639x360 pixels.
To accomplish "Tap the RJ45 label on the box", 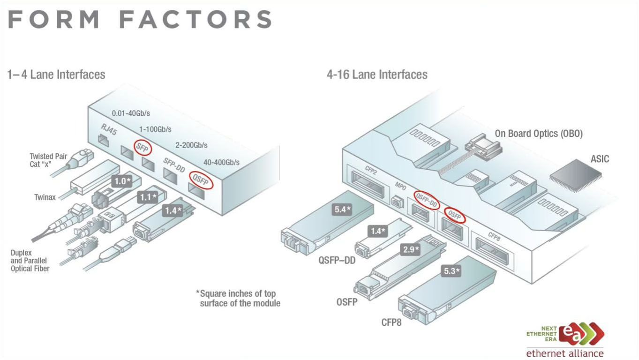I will (108, 130).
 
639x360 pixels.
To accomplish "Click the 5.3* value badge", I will (451, 270).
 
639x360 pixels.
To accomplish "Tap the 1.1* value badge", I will (148, 197).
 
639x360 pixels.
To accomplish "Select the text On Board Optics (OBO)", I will (539, 134).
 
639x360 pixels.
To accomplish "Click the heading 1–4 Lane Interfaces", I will (56, 74).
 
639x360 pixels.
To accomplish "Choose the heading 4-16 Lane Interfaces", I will (377, 74).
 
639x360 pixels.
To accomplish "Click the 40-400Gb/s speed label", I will (221, 162).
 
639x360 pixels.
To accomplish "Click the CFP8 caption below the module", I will (391, 322).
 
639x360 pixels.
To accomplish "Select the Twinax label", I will (45, 197).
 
